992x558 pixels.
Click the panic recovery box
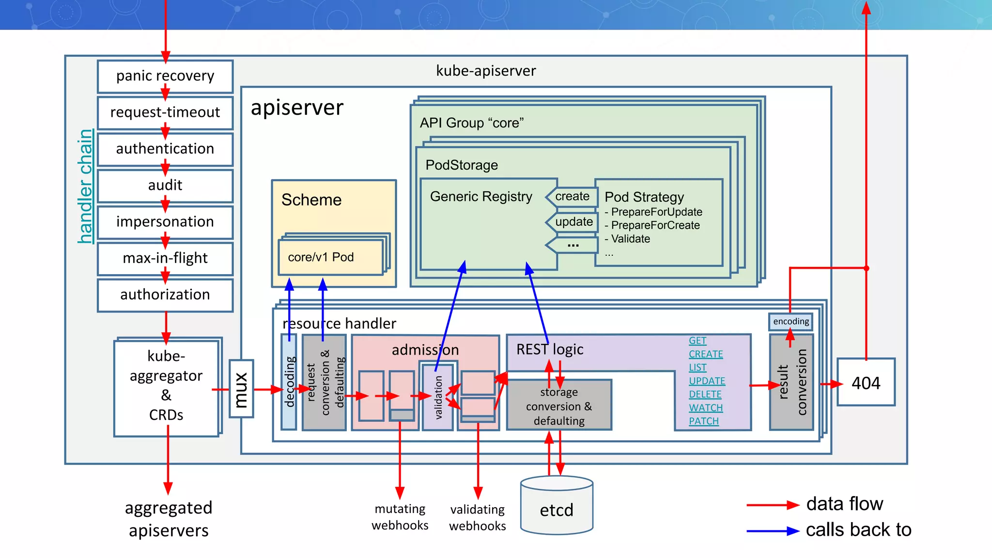click(165, 76)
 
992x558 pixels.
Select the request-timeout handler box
click(165, 112)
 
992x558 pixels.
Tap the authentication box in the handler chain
click(165, 149)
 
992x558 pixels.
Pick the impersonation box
click(165, 222)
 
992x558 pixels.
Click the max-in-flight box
click(165, 258)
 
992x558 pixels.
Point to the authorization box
click(165, 294)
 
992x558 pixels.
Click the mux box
click(241, 389)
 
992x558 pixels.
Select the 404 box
click(866, 383)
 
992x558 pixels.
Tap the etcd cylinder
click(557, 506)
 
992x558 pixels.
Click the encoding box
click(790, 322)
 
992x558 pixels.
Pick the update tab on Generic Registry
click(573, 222)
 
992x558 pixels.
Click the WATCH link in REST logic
click(706, 408)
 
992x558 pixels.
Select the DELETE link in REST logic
click(705, 394)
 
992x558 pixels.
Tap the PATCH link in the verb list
click(704, 421)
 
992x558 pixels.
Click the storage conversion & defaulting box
click(559, 406)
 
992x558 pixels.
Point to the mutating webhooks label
click(400, 517)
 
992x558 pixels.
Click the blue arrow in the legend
click(772, 531)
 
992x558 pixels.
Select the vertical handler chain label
click(86, 186)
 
